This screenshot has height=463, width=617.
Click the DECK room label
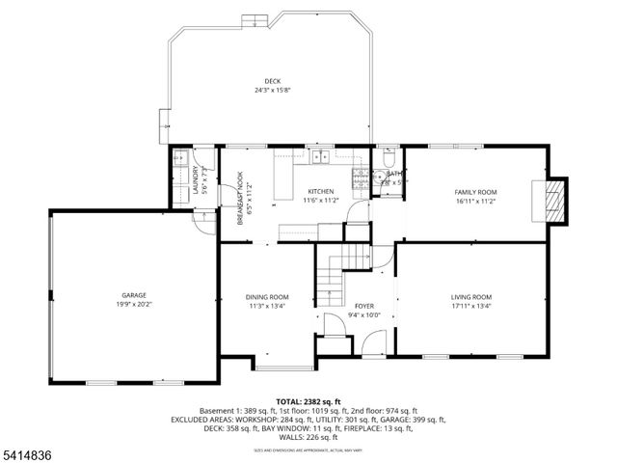(x=274, y=81)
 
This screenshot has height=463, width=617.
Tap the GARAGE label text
(x=133, y=295)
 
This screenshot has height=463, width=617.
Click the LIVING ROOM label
(x=471, y=296)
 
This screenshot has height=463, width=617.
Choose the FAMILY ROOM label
(x=475, y=192)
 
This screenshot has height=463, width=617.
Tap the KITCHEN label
(x=321, y=192)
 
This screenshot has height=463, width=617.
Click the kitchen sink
(x=319, y=157)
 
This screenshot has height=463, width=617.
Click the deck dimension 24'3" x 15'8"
(x=274, y=91)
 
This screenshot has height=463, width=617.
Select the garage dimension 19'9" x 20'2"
(x=133, y=305)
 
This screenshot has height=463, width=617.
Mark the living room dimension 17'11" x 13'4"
(x=471, y=306)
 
